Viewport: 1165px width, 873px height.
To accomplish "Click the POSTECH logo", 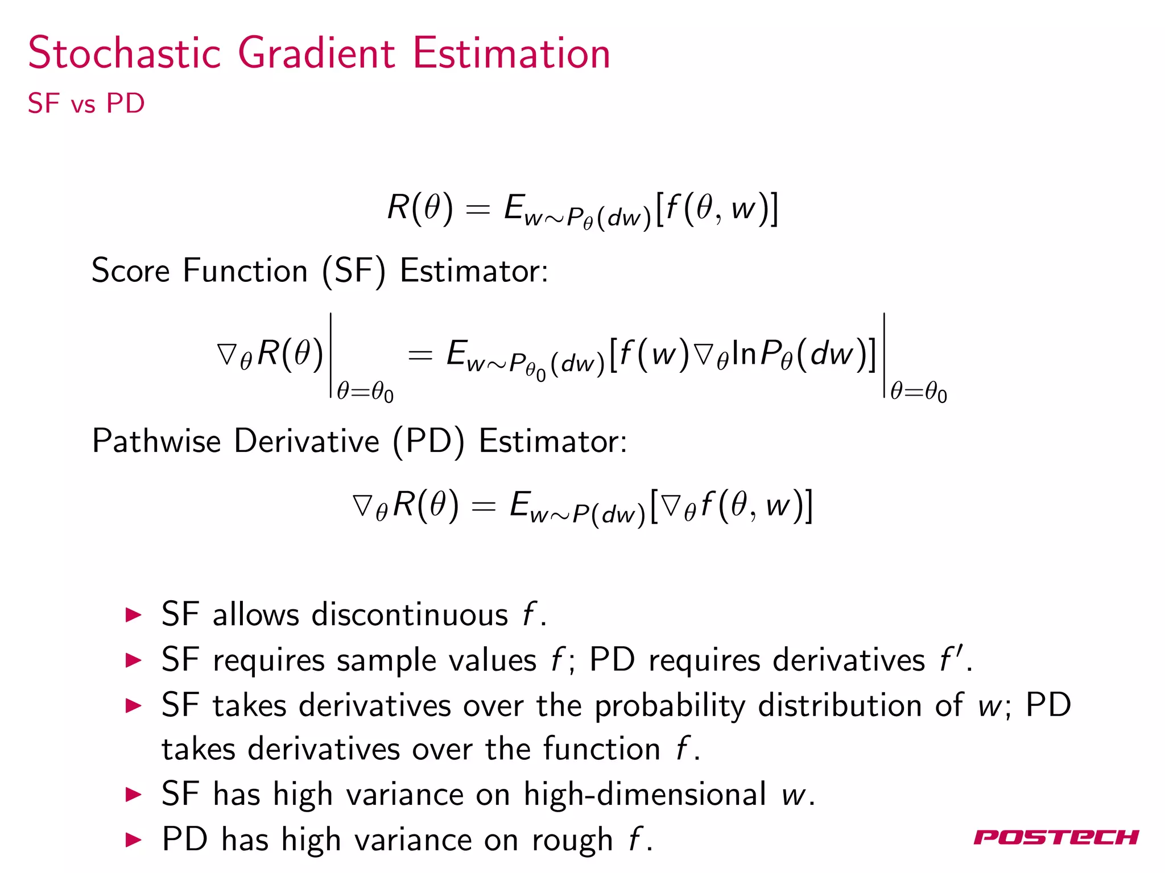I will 1056,837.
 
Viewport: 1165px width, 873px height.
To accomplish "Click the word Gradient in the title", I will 316,53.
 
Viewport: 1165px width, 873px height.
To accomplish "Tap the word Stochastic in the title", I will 124,53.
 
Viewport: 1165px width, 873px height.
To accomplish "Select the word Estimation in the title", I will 511,53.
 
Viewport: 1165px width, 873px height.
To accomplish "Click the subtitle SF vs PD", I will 86,103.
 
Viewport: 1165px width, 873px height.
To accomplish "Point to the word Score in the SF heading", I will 130,271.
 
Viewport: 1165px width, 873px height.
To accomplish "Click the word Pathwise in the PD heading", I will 156,441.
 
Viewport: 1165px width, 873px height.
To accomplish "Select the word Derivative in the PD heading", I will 307,441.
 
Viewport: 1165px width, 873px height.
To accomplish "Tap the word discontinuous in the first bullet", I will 410,615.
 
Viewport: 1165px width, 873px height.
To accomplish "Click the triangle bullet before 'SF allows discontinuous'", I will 133,615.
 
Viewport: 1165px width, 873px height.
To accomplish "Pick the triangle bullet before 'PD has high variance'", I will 133,839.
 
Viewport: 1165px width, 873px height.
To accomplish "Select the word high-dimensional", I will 645,794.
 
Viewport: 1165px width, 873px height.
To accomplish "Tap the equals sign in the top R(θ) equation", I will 477,209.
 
